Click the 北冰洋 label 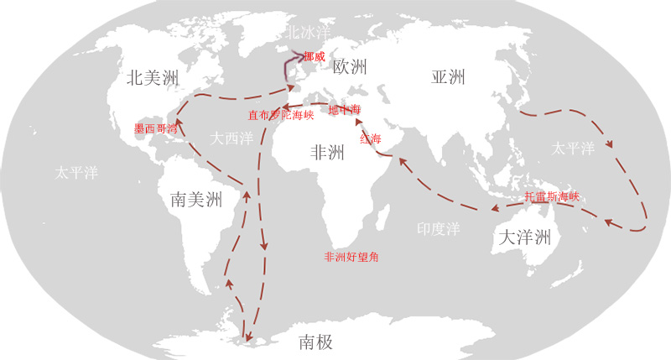(304, 33)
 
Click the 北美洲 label (153, 78)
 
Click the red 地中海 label (344, 110)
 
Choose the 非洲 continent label (327, 153)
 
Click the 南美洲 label (195, 199)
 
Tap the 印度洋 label (440, 228)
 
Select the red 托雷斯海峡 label (552, 196)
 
